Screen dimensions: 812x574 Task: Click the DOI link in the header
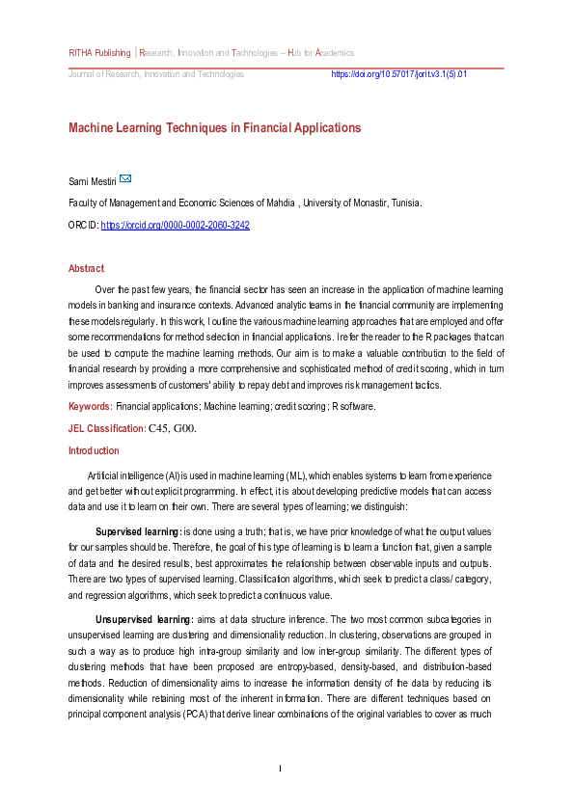coord(398,74)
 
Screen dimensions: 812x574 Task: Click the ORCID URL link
coord(176,225)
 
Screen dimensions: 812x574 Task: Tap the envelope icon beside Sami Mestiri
coord(125,179)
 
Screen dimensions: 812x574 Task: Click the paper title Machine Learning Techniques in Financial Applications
coord(214,128)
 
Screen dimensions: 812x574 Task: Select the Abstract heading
coord(86,268)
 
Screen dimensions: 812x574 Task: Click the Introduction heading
coord(94,450)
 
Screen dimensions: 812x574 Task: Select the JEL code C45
coord(158,428)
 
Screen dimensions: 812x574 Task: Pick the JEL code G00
coord(186,428)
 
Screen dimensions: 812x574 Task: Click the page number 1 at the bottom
coord(280,769)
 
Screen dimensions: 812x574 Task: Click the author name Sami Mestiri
coord(92,181)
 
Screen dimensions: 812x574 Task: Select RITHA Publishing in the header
coord(99,52)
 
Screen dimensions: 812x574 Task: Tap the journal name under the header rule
coord(155,74)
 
